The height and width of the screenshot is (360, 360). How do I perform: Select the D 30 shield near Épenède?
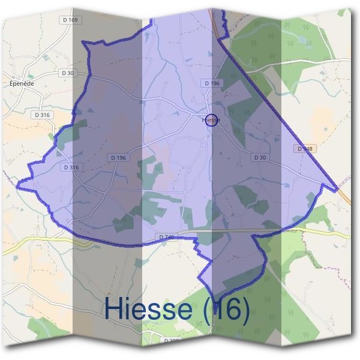click(68, 73)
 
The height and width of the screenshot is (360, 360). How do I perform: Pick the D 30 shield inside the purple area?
click(259, 157)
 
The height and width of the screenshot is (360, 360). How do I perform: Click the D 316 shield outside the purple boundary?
click(42, 114)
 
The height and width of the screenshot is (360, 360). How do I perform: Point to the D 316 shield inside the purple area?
click(71, 168)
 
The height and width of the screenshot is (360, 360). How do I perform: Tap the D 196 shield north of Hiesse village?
click(212, 83)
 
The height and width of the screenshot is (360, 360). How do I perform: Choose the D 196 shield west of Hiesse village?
click(118, 157)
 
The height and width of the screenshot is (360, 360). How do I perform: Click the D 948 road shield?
click(305, 148)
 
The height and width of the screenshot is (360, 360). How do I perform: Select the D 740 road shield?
click(167, 238)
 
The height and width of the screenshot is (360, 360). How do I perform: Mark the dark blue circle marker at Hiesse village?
click(211, 120)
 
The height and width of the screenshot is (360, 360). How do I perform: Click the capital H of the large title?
click(115, 308)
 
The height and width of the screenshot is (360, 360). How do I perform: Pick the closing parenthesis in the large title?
click(244, 310)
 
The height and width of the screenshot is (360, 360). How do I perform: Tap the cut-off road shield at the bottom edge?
click(172, 341)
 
